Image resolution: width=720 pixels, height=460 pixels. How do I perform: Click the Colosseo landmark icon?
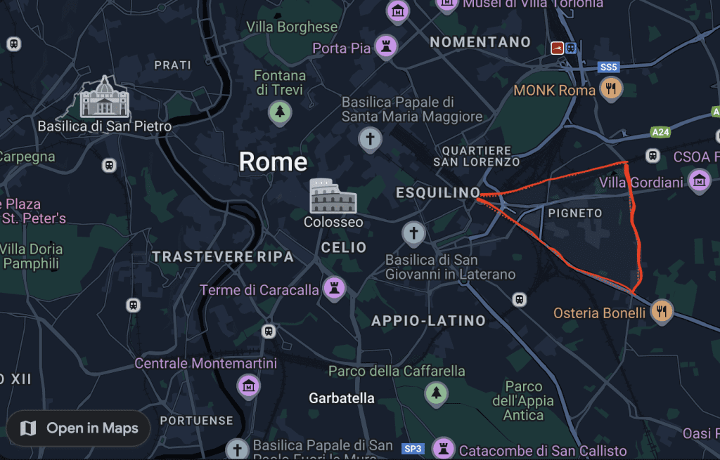tap(333, 196)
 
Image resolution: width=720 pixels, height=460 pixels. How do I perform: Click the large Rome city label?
tap(273, 162)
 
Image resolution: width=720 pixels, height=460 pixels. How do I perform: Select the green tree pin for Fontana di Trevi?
tap(280, 110)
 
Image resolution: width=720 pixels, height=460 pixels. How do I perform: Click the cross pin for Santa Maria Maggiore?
tap(370, 138)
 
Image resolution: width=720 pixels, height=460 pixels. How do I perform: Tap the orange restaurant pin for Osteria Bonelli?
tap(661, 311)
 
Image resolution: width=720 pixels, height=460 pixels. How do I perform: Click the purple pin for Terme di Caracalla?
tap(333, 288)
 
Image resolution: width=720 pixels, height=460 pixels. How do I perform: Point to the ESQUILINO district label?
tap(438, 192)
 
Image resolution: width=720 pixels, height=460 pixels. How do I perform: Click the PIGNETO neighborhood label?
tap(575, 213)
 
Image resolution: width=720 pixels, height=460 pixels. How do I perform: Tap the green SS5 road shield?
tap(608, 67)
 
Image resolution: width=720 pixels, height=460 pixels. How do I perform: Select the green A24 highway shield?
tap(660, 132)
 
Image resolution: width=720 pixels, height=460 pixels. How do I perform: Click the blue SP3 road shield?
tap(413, 448)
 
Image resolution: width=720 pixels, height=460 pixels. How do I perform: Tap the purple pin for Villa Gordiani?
tap(699, 180)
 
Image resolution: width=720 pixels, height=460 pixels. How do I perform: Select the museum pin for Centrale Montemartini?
tap(249, 385)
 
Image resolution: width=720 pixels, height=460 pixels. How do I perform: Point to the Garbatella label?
tap(342, 398)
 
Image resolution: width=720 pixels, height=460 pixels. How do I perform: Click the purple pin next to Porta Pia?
tap(385, 47)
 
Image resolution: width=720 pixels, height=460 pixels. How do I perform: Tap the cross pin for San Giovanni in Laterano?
tap(413, 232)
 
